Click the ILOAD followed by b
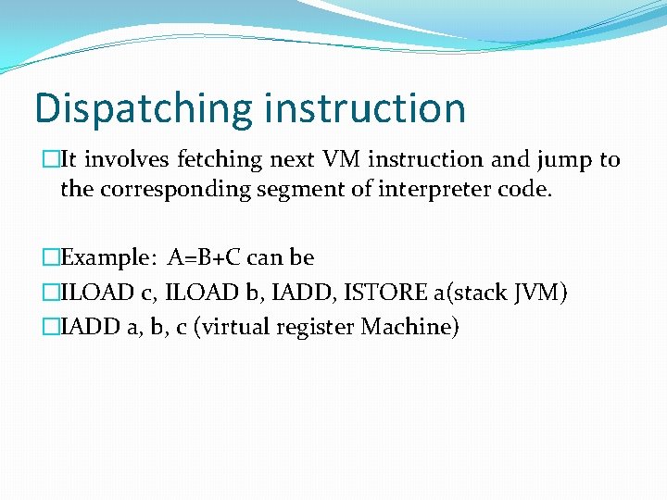pos(200,293)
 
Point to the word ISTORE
pos(385,293)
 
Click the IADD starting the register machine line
pos(90,327)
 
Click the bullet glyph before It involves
pos(51,160)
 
